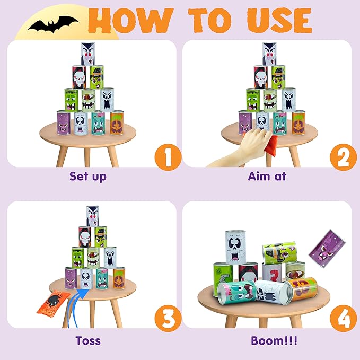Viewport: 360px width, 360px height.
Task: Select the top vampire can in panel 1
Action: (x=87, y=54)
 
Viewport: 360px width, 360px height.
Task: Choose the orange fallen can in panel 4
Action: (x=300, y=289)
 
